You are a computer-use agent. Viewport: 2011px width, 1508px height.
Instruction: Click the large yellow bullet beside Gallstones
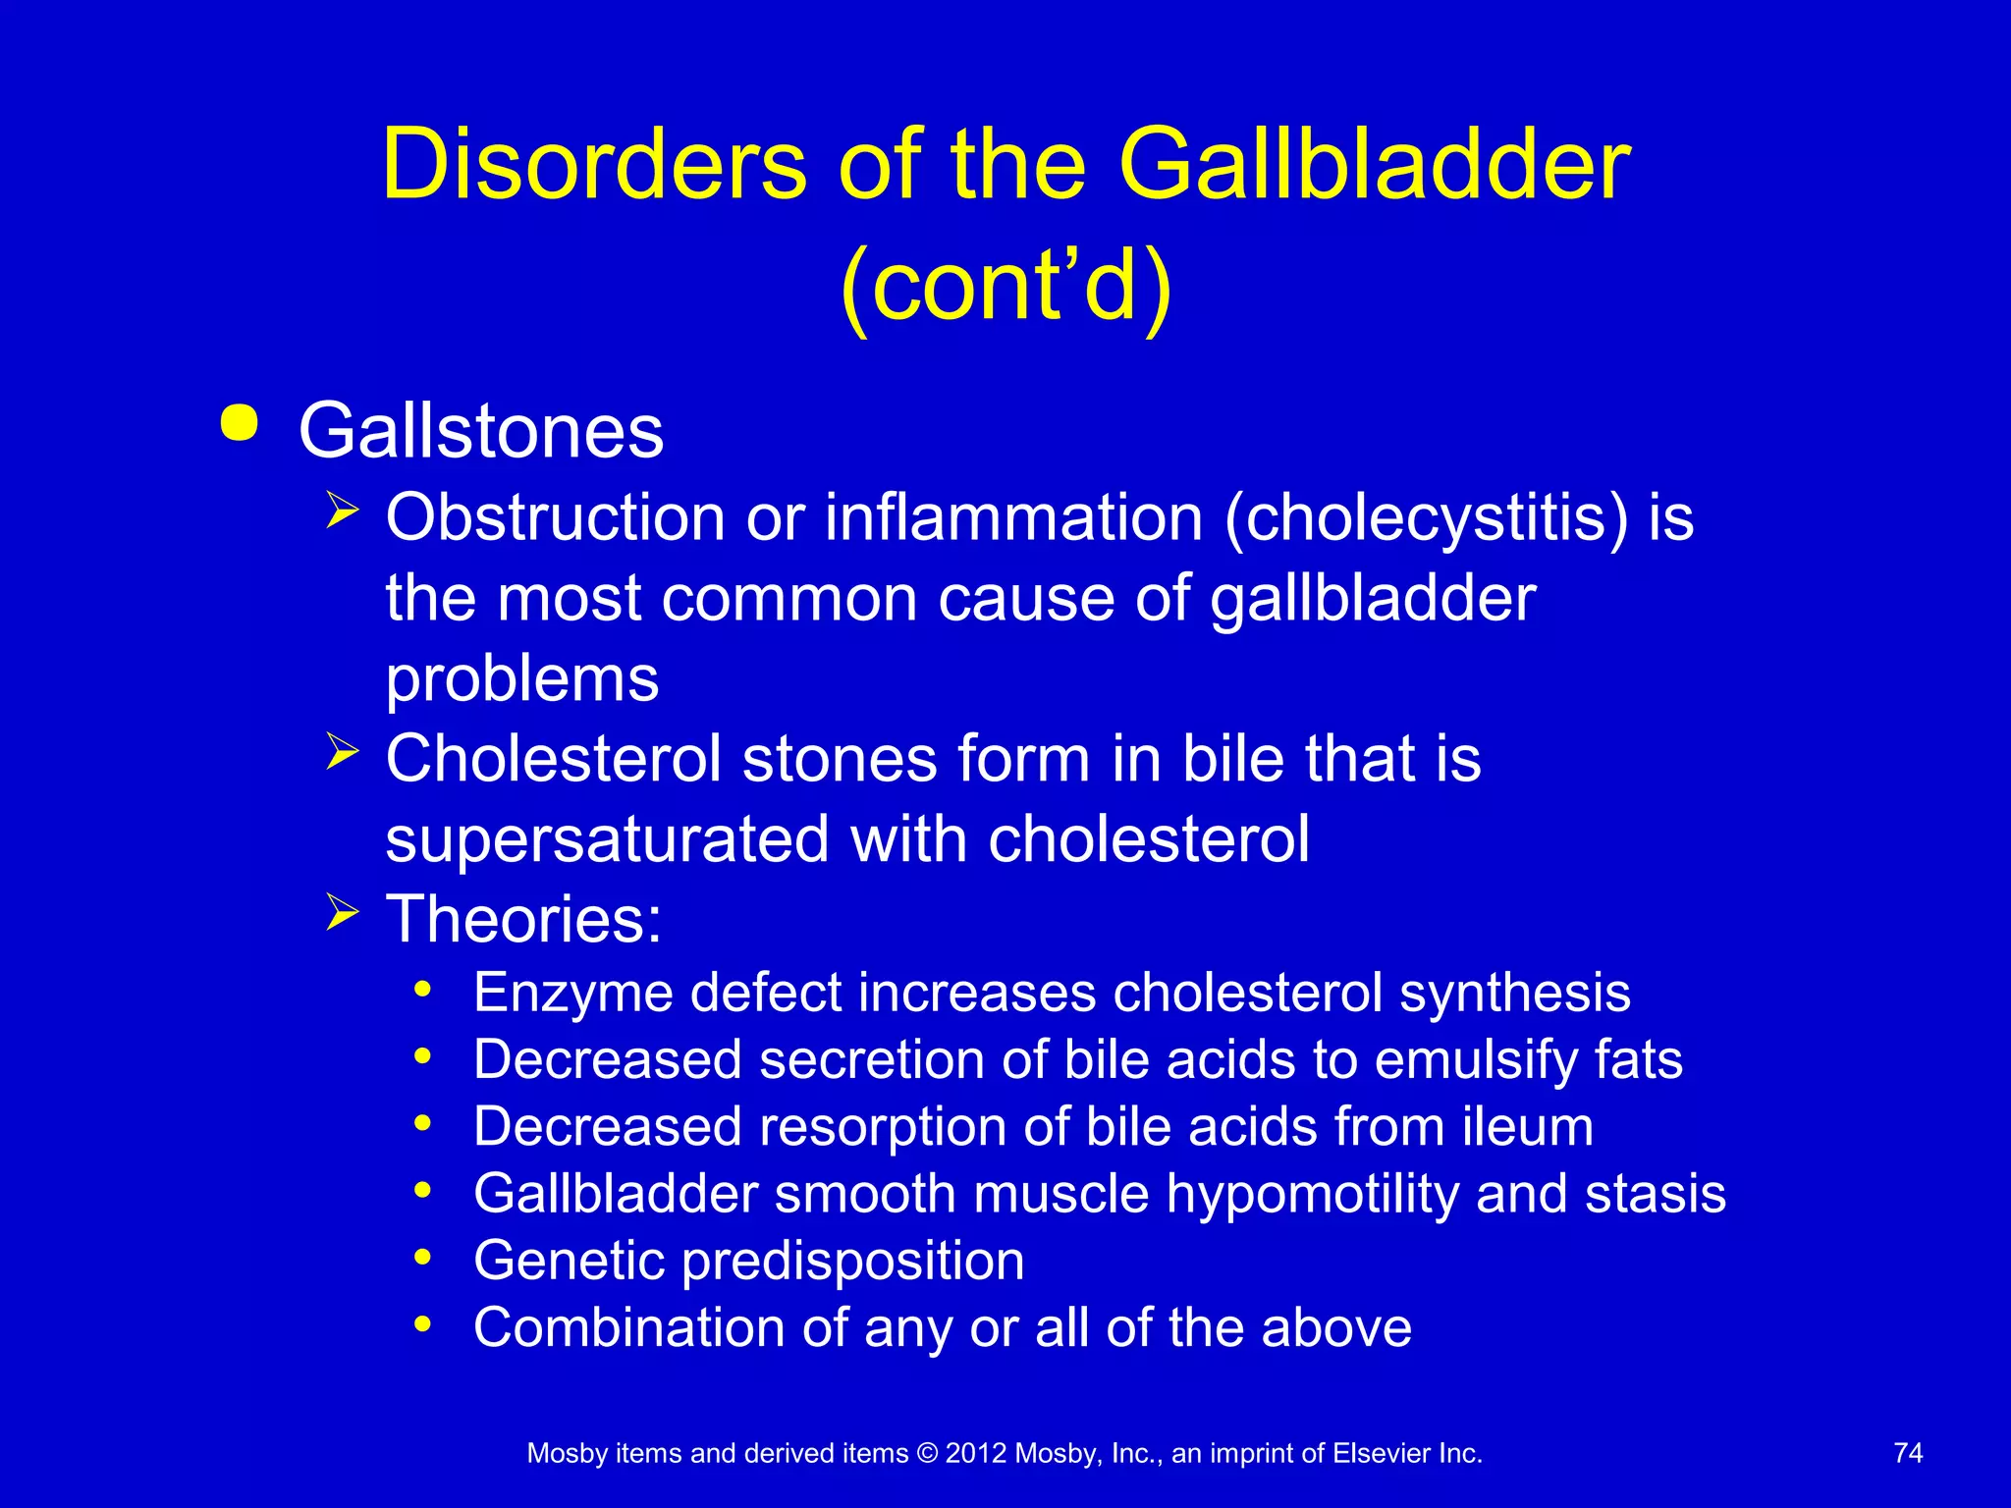(x=240, y=424)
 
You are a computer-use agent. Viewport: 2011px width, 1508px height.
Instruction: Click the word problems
(x=521, y=679)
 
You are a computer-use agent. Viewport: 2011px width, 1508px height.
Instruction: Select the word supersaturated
(x=608, y=840)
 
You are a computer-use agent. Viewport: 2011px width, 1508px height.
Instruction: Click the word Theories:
(x=523, y=920)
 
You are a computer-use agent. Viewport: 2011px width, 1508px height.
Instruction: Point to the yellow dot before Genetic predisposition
(x=423, y=1258)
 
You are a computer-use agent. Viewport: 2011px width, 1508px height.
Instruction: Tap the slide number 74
(x=1908, y=1453)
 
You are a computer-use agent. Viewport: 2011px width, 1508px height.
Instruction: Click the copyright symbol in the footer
(x=926, y=1454)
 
